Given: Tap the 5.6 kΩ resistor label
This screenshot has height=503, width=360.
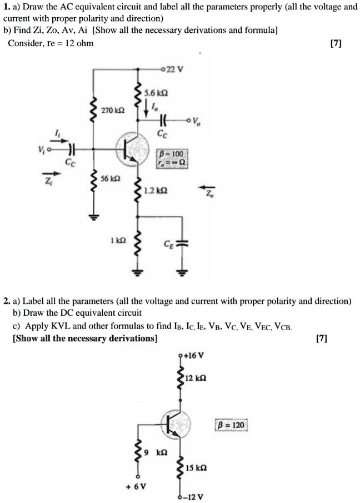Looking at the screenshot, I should [153, 92].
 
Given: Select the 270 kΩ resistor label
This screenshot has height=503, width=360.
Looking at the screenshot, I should [109, 111].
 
